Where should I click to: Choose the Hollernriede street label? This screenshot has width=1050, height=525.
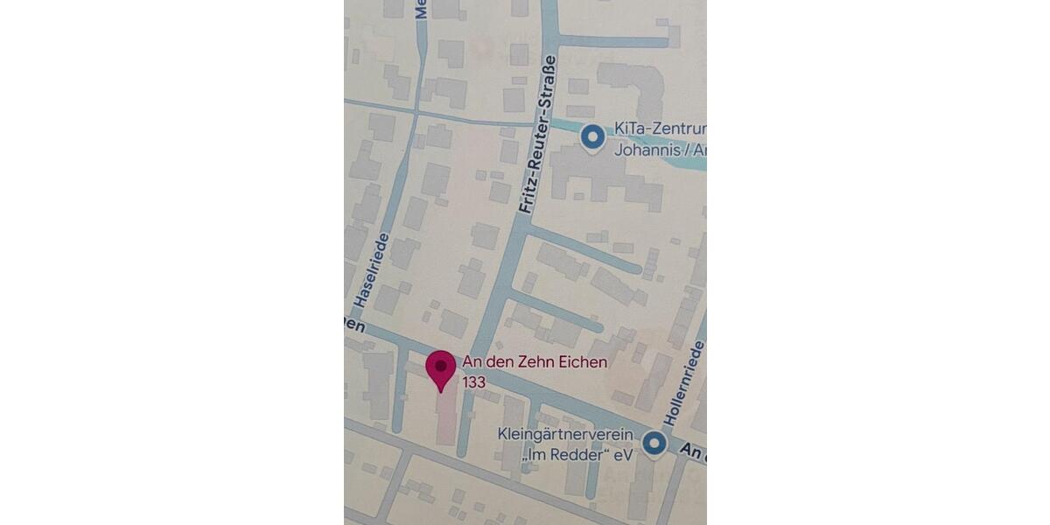(685, 384)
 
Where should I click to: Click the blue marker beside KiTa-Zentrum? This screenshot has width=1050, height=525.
(593, 136)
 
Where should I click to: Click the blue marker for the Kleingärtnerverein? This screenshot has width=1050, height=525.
(654, 444)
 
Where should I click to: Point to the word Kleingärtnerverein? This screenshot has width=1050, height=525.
(564, 434)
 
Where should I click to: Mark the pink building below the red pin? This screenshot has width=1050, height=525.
(446, 418)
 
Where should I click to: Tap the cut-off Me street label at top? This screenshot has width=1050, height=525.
(421, 7)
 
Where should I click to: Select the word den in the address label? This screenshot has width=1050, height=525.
(500, 362)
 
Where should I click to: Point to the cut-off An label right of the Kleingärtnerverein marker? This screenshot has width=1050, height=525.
(692, 451)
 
